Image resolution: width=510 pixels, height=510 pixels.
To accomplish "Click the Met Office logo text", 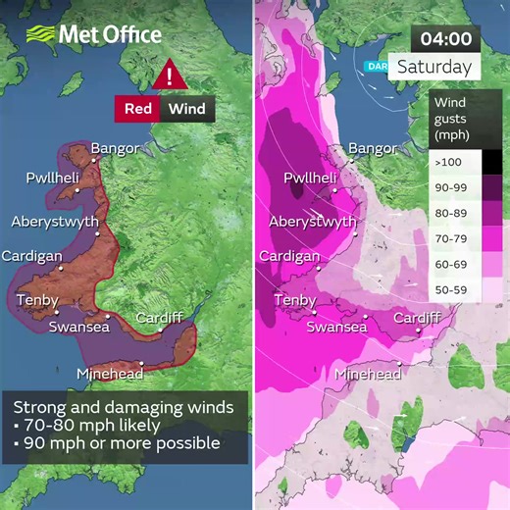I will [109, 34].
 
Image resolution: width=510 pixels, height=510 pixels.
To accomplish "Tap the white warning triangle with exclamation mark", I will [172, 76].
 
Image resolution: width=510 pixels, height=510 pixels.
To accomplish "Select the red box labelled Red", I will [138, 108].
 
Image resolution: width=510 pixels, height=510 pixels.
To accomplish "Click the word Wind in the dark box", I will [186, 108].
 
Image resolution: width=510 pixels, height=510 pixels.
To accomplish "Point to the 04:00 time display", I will [446, 40].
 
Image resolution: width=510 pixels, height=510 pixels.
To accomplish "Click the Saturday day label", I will [433, 69].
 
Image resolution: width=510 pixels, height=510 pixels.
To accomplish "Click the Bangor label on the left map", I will [115, 149].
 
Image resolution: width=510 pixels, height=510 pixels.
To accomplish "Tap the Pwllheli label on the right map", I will [310, 178].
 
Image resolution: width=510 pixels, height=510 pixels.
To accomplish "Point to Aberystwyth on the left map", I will [54, 222].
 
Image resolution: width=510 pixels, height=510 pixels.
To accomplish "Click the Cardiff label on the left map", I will [159, 319].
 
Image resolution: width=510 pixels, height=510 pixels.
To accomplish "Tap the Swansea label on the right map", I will [336, 328].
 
